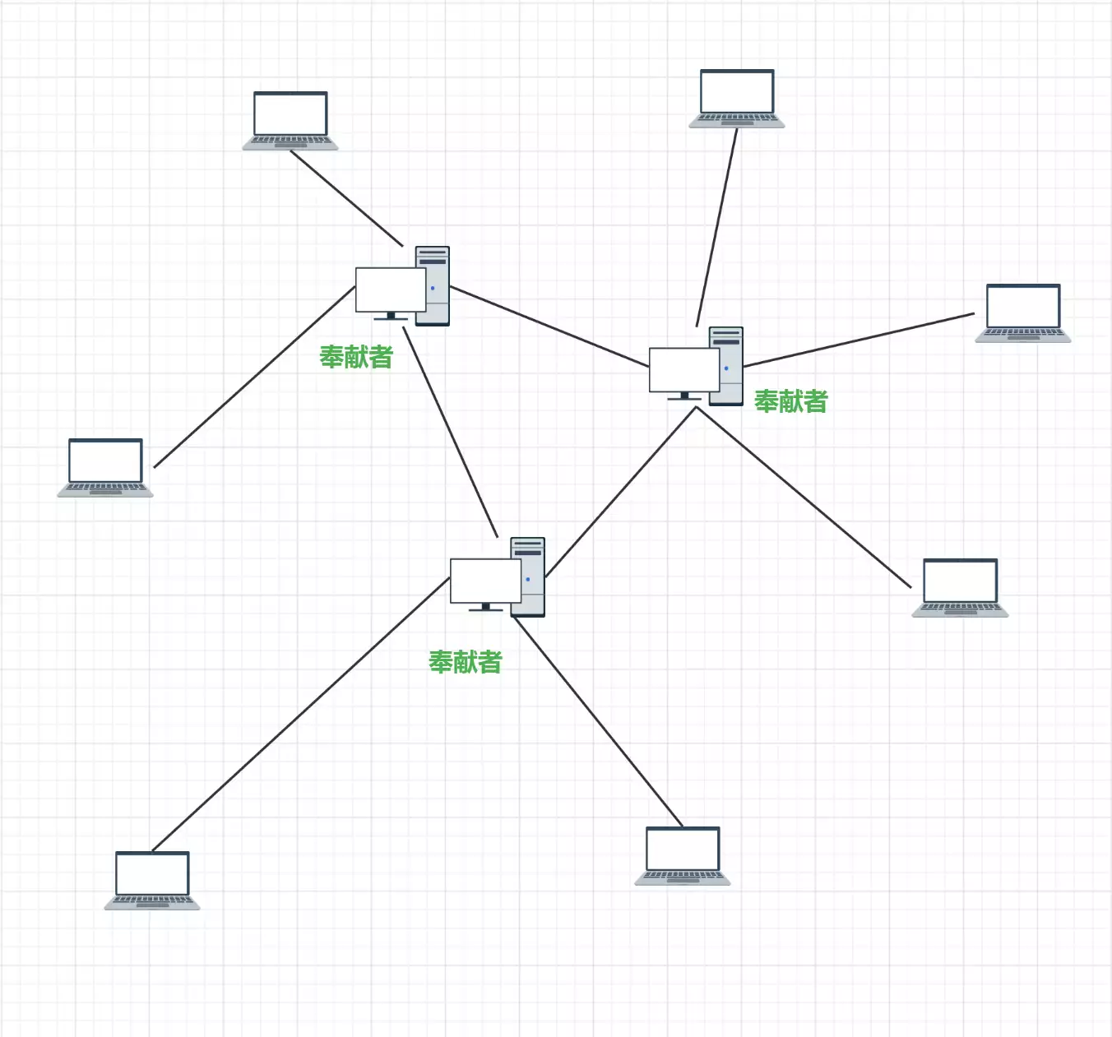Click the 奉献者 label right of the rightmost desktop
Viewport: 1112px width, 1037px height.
click(x=790, y=401)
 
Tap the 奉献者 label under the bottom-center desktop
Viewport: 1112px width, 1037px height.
click(x=465, y=662)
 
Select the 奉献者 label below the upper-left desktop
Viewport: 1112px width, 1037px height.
click(x=356, y=357)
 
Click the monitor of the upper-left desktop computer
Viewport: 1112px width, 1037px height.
click(x=390, y=290)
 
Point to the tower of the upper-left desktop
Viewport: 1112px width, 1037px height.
click(x=433, y=285)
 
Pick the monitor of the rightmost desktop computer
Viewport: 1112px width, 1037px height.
click(x=683, y=370)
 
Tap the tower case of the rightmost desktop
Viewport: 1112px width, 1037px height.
click(x=727, y=366)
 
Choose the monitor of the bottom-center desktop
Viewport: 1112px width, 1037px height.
click(x=484, y=581)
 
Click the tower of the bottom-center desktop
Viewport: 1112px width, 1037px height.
click(x=528, y=576)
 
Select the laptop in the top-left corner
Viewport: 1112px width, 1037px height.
click(x=290, y=120)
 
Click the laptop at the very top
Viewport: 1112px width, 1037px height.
click(x=737, y=98)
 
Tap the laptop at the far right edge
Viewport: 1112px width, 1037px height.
click(x=1023, y=312)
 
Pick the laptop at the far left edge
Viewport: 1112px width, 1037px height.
click(x=105, y=467)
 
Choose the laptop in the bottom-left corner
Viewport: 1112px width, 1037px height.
click(x=152, y=880)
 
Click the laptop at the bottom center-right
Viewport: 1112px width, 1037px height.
click(x=683, y=855)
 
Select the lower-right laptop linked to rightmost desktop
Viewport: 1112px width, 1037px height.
click(x=961, y=587)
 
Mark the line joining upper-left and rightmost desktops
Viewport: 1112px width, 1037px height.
click(x=549, y=326)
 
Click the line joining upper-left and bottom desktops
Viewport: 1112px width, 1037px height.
click(x=451, y=432)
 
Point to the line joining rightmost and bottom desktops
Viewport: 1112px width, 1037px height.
click(x=621, y=492)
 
